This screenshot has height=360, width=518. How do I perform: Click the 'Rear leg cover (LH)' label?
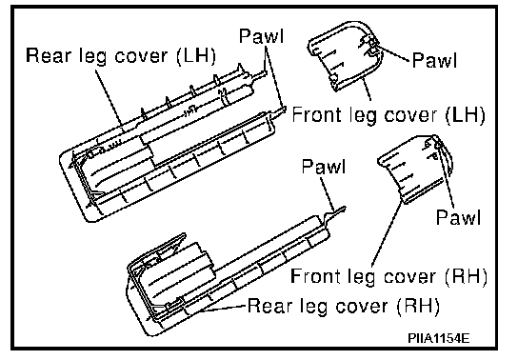pyautogui.click(x=121, y=56)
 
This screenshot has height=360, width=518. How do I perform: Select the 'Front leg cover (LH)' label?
pyautogui.click(x=388, y=114)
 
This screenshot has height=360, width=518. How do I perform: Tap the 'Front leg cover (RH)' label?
pyautogui.click(x=388, y=276)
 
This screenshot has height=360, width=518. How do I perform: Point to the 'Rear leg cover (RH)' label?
pyautogui.click(x=344, y=306)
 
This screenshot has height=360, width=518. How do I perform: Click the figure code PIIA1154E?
pyautogui.click(x=438, y=338)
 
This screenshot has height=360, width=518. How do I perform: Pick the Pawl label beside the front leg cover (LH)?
pyautogui.click(x=434, y=60)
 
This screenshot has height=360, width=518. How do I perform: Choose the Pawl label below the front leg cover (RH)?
pyautogui.click(x=458, y=217)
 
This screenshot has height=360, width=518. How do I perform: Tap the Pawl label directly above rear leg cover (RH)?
pyautogui.click(x=324, y=166)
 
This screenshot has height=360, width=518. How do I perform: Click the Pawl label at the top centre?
pyautogui.click(x=261, y=35)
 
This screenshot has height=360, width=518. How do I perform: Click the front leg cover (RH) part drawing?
pyautogui.click(x=415, y=169)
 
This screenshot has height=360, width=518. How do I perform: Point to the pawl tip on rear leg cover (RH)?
pyautogui.click(x=344, y=209)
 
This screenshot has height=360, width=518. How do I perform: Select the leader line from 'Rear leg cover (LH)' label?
pyautogui.click(x=110, y=98)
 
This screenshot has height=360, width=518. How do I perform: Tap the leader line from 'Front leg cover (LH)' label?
pyautogui.click(x=367, y=89)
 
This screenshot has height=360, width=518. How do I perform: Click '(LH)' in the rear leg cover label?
pyautogui.click(x=196, y=56)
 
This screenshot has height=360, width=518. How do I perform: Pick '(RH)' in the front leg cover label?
pyautogui.click(x=467, y=276)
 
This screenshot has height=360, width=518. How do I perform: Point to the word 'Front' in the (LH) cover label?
pyautogui.click(x=316, y=114)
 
